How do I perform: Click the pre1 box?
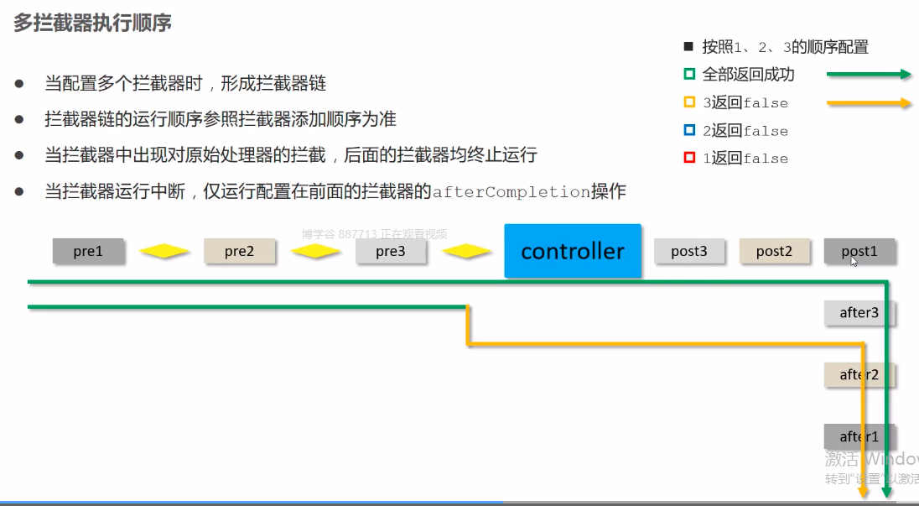88,251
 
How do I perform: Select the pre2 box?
239,251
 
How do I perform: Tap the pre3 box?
391,251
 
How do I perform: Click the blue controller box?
573,251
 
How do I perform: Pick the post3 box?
689,251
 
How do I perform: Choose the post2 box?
774,251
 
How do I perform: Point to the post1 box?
859,251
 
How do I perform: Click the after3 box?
859,312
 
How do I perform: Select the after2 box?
859,374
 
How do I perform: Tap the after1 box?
859,436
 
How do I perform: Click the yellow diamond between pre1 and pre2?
164,251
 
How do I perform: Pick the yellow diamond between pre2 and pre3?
315,251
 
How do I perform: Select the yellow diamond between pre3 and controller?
466,251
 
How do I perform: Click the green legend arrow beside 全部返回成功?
869,75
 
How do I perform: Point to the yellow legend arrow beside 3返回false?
869,103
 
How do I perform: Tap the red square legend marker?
689,158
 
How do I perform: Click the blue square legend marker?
689,130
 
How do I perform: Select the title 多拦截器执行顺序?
92,23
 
